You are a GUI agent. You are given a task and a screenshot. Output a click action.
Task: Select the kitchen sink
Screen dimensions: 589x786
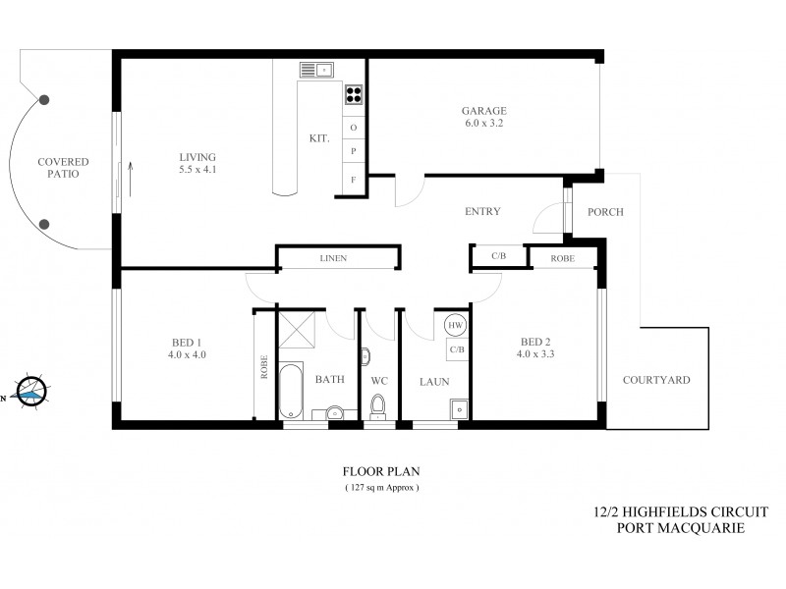click(x=317, y=70)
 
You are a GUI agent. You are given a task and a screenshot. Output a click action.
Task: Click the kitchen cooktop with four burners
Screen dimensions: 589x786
click(x=353, y=95)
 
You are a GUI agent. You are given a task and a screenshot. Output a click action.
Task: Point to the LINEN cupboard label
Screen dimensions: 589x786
click(x=334, y=258)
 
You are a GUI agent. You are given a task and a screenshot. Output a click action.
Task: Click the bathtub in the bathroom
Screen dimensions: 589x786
click(x=292, y=392)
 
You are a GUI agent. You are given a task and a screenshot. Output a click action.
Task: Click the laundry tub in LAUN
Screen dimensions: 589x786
click(x=458, y=409)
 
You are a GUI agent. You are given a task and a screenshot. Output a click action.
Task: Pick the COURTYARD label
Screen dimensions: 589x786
click(x=656, y=380)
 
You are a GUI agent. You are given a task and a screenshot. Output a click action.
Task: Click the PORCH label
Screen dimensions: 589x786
click(x=605, y=212)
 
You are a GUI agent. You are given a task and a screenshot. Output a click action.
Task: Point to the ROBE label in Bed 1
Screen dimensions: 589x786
click(x=263, y=367)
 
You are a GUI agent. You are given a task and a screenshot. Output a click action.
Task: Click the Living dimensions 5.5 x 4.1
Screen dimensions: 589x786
click(x=197, y=170)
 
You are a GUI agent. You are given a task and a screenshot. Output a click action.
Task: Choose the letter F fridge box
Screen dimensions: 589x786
click(x=353, y=180)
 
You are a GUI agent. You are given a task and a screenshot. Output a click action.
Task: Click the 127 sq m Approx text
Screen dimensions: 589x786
click(x=381, y=487)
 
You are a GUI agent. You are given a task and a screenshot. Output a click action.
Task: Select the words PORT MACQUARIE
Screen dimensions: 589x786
click(x=680, y=528)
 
